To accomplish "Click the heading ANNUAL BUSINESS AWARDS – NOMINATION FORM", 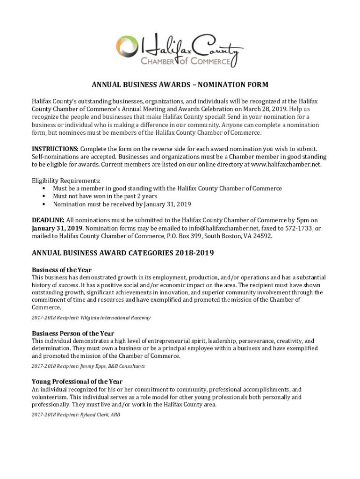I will click(180, 85).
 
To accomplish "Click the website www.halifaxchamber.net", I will click(285, 165).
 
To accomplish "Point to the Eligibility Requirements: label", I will click(66, 181).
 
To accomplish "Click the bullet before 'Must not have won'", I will click(43, 196).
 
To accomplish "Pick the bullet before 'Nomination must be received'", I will click(43, 204).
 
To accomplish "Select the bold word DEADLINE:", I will click(48, 220).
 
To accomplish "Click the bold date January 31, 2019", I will click(57, 228).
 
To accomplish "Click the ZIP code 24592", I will click(263, 236).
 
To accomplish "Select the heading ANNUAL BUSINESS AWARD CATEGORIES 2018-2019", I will click(122, 254).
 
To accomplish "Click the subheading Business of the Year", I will click(61, 270).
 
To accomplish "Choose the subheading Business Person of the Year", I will click(72, 334).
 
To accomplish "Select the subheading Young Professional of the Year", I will click(77, 382).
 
